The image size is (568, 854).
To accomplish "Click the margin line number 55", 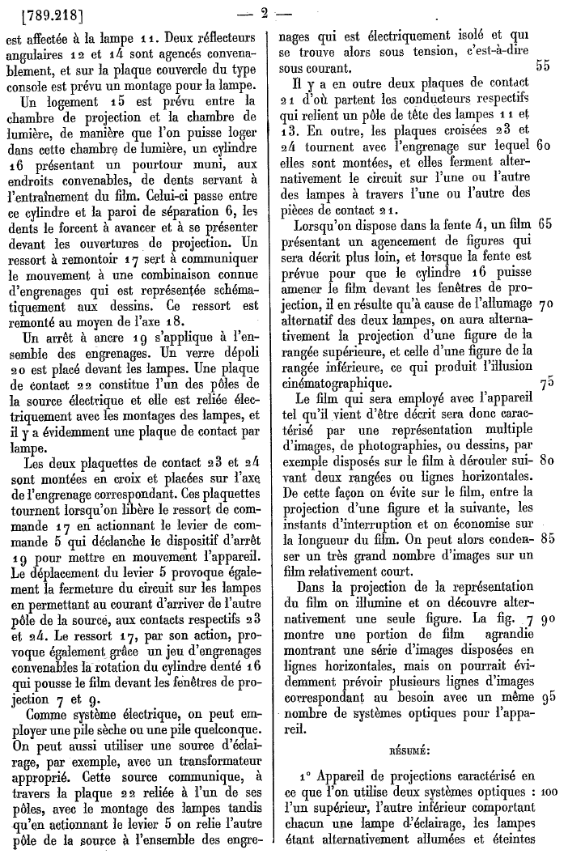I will pos(543,67).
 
